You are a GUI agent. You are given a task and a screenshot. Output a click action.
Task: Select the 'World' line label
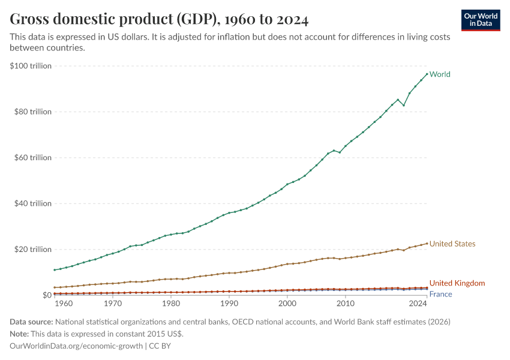[x=440, y=74]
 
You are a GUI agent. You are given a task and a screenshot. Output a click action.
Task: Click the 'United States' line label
[x=452, y=244]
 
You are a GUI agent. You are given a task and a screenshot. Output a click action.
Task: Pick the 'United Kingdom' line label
[x=457, y=283]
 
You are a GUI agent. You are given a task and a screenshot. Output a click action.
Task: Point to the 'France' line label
[x=440, y=294]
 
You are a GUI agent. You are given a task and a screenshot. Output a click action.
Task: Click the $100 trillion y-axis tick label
[x=31, y=66]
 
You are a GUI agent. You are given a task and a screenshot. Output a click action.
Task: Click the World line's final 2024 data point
[x=427, y=74]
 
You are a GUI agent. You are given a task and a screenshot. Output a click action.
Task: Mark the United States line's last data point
[x=427, y=243]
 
